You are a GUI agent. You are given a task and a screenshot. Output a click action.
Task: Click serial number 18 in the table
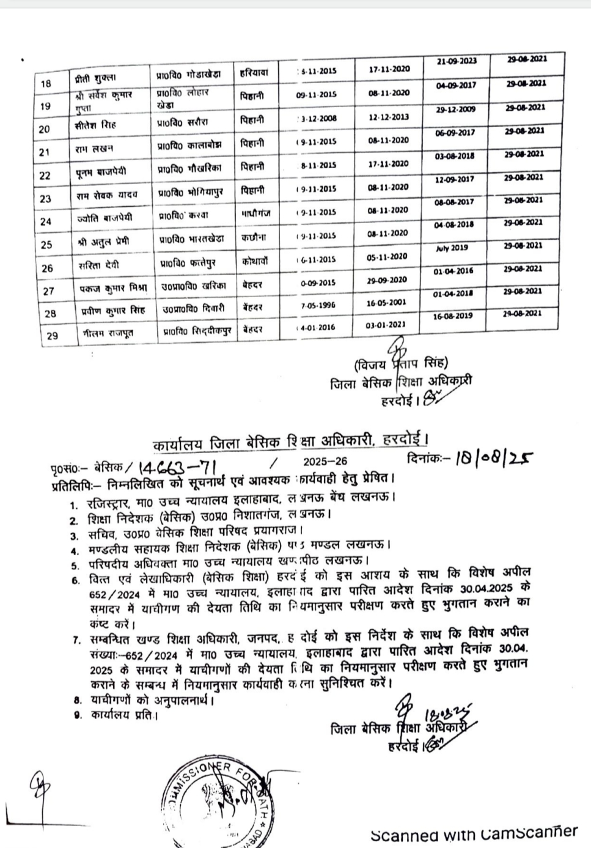(46, 84)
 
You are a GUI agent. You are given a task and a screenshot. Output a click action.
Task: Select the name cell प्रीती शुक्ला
(92, 78)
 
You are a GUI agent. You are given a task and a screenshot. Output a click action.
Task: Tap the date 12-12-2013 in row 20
(388, 117)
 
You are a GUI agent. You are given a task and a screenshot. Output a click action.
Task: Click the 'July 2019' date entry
(452, 248)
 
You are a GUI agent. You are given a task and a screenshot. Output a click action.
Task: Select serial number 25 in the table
(46, 245)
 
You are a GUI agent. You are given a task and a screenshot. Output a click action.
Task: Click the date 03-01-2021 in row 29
(386, 327)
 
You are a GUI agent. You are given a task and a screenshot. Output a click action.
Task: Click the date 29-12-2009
(455, 110)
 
